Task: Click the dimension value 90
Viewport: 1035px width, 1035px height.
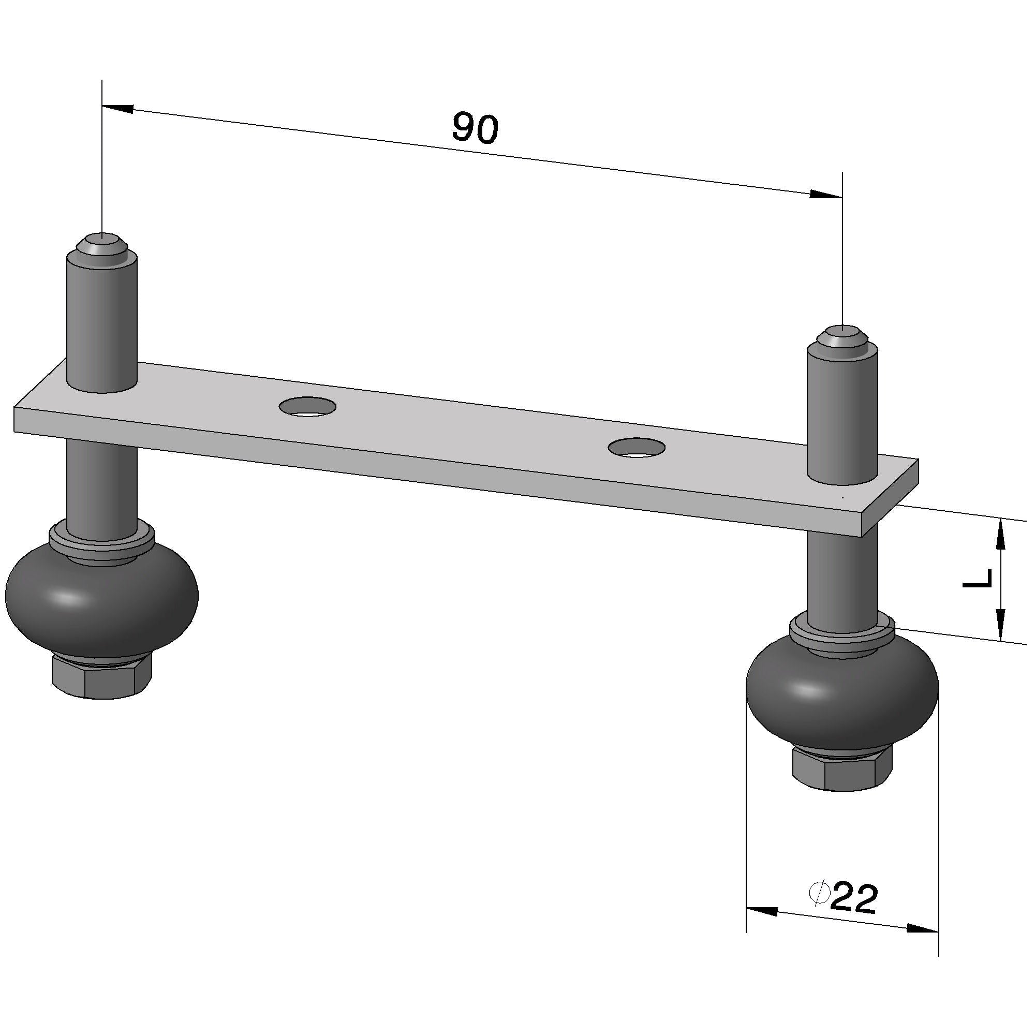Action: coord(475,128)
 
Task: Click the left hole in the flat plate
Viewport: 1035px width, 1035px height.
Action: coord(307,407)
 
